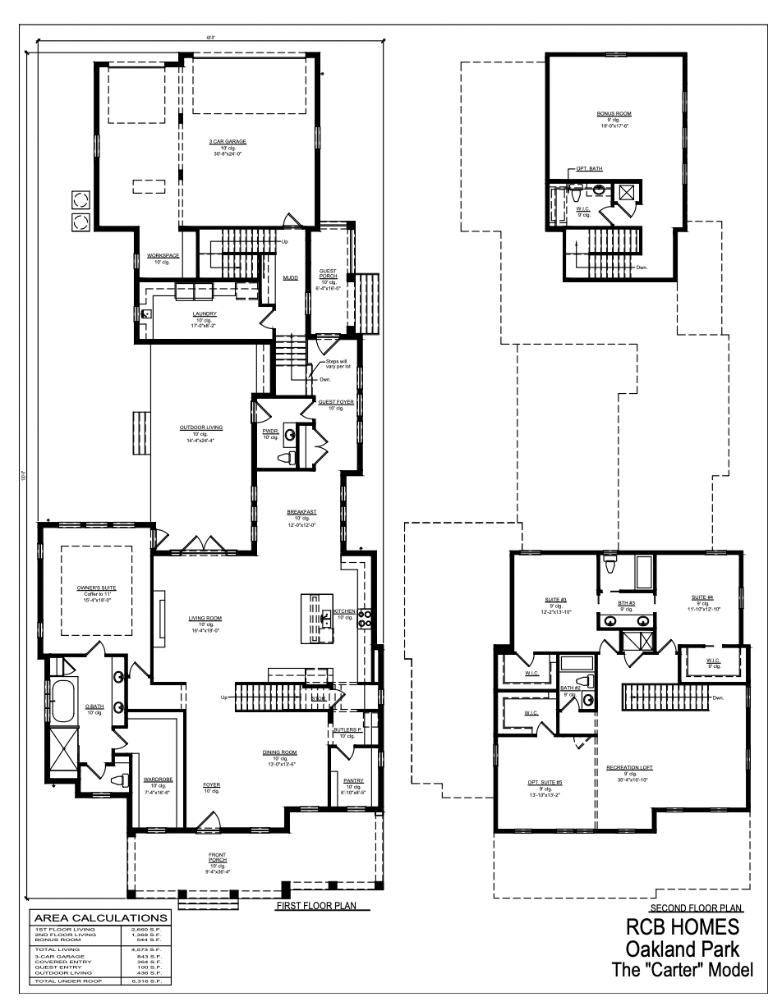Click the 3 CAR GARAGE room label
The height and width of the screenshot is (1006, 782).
click(x=228, y=141)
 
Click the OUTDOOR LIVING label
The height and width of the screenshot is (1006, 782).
click(x=201, y=428)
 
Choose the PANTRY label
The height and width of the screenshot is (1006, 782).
click(x=354, y=780)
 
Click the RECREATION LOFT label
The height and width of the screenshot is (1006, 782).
click(x=629, y=767)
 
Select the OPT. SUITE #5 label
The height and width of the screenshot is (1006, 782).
click(x=545, y=782)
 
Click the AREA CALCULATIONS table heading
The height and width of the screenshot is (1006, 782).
click(x=99, y=917)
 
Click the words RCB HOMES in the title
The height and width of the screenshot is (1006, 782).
click(x=683, y=927)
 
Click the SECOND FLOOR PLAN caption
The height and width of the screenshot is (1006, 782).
click(x=695, y=909)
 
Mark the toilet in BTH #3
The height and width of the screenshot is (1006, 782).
click(x=610, y=566)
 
